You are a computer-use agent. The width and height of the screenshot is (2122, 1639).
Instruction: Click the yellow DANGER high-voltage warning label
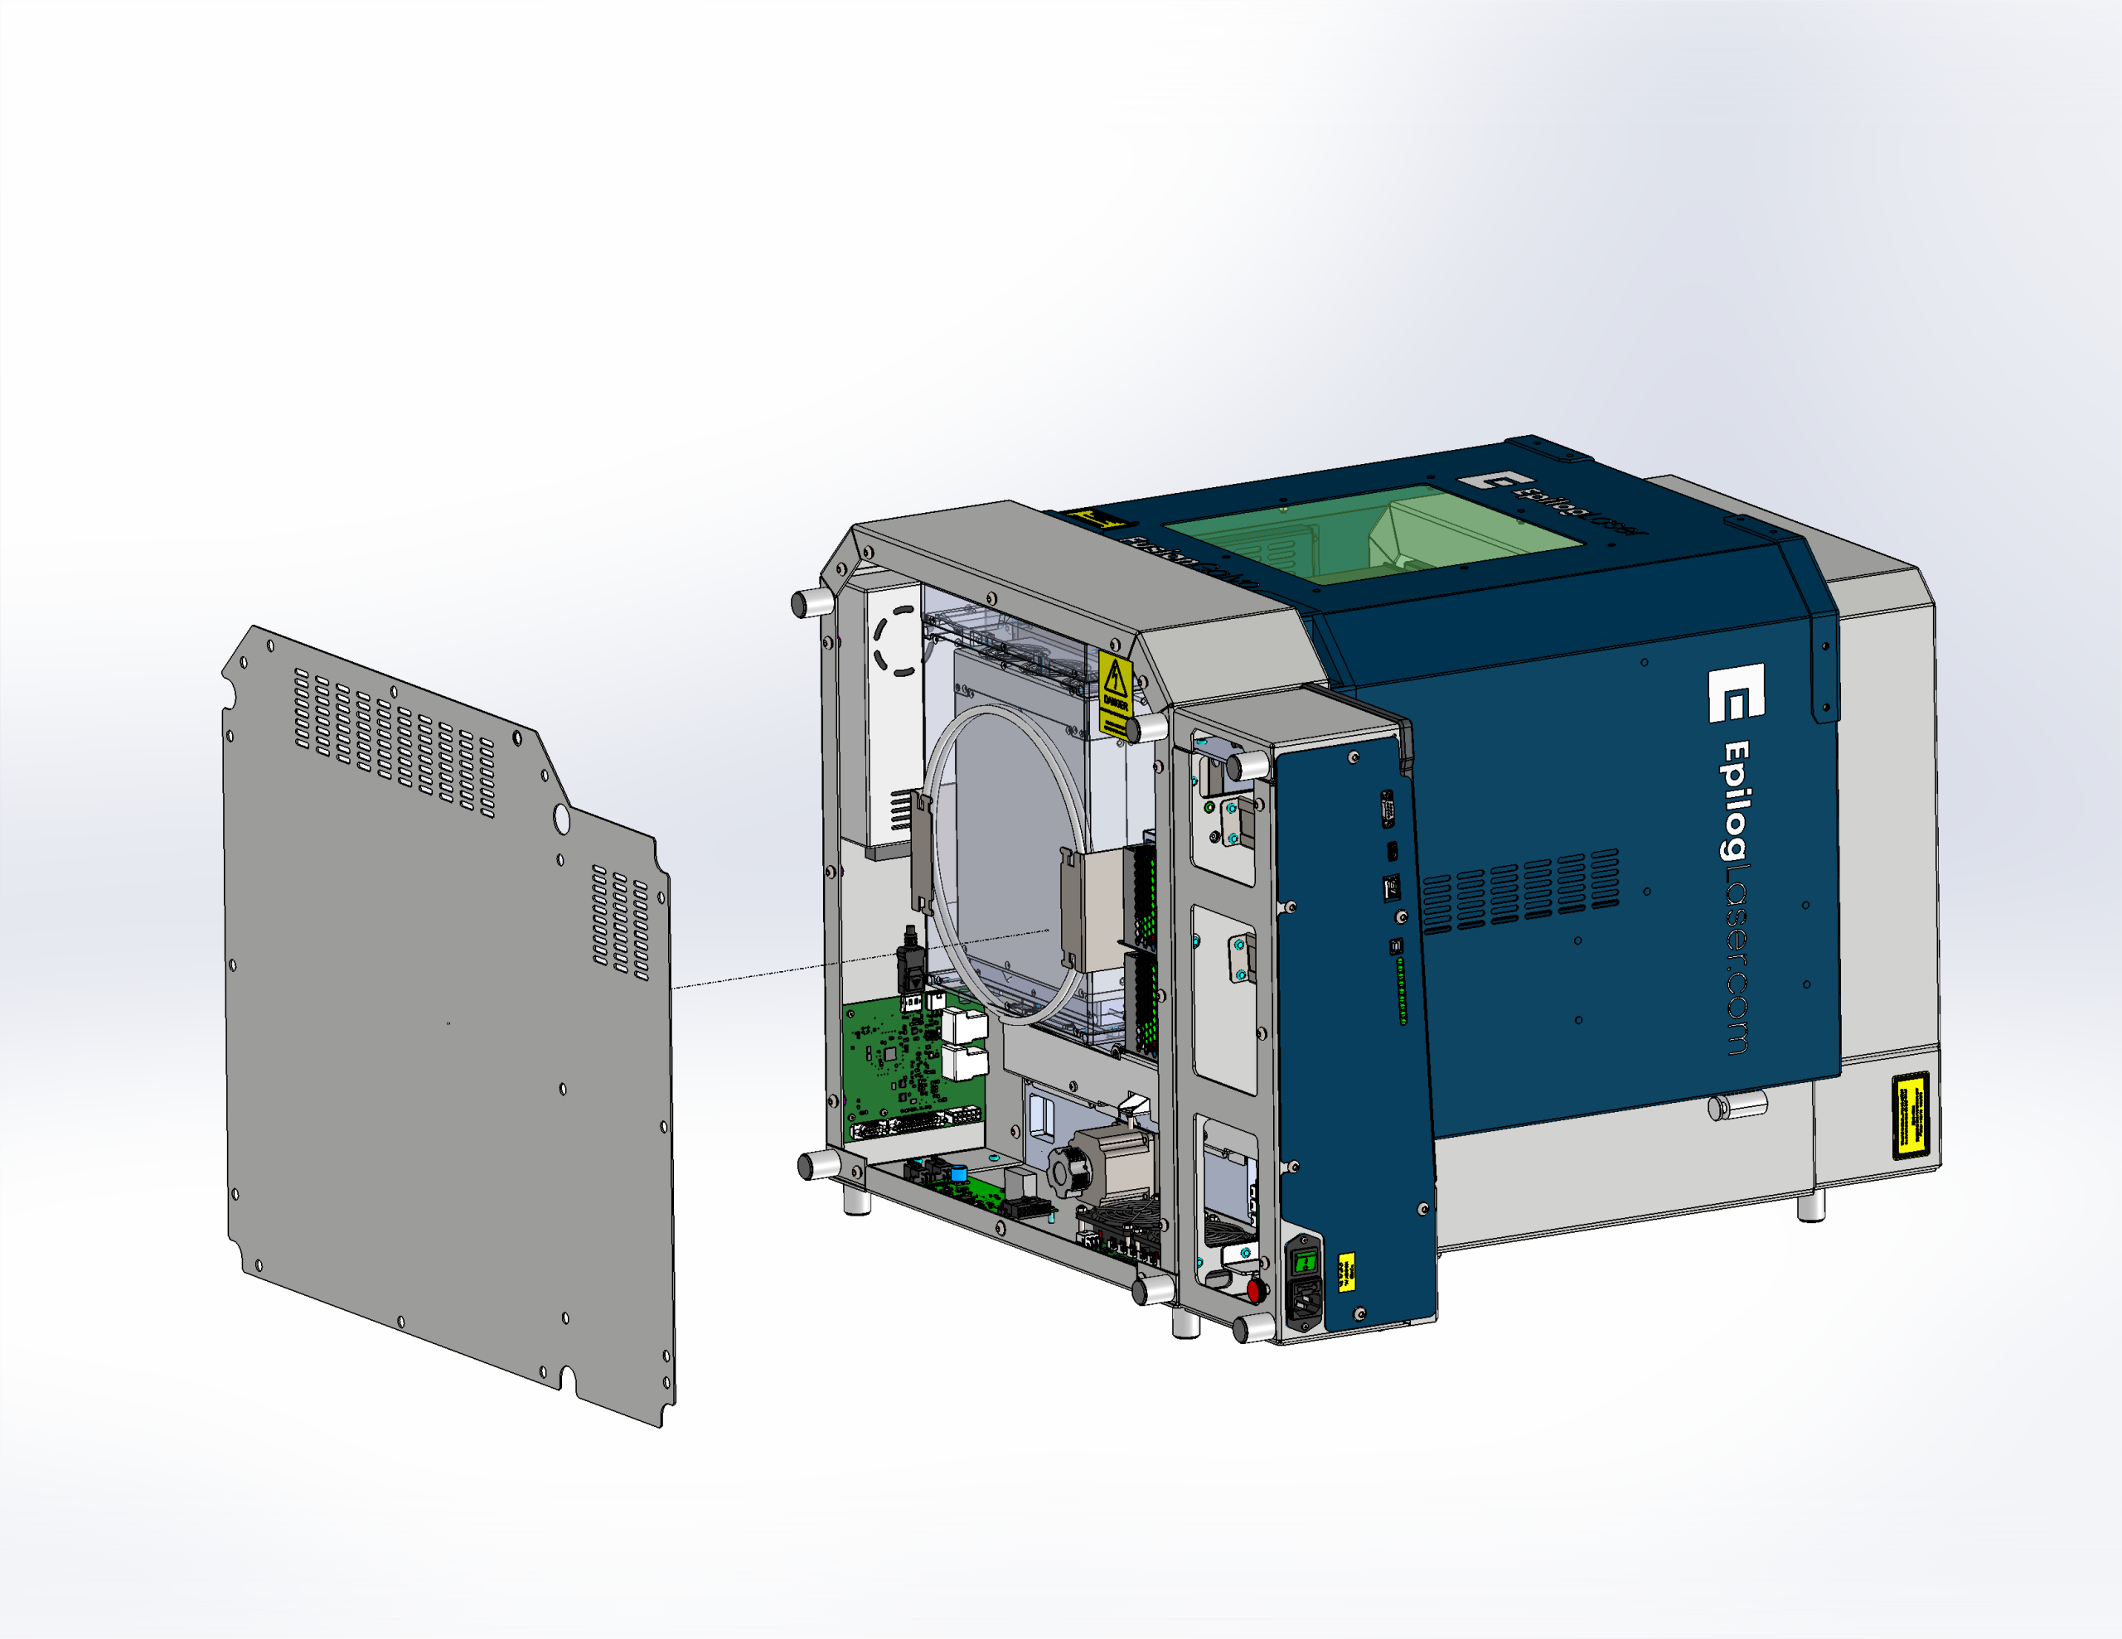[1114, 693]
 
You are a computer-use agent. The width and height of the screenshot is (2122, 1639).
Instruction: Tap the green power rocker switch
[1305, 1262]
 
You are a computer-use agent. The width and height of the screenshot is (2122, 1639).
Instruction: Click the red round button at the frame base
[1254, 1290]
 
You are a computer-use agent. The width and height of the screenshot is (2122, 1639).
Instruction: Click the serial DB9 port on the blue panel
[1388, 810]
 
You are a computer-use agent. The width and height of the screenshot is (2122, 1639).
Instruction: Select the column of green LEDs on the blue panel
[1401, 990]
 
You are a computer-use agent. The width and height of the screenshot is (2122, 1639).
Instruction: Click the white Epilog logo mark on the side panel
[1737, 694]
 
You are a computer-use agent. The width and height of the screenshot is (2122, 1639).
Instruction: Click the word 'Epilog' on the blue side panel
[1737, 802]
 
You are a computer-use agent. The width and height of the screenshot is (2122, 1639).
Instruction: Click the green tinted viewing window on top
[1373, 535]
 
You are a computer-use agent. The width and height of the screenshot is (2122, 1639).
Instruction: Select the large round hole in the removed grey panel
[560, 819]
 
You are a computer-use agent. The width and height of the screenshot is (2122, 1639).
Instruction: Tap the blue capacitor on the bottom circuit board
[960, 1173]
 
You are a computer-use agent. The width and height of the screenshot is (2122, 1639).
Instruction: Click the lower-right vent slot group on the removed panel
[620, 921]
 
